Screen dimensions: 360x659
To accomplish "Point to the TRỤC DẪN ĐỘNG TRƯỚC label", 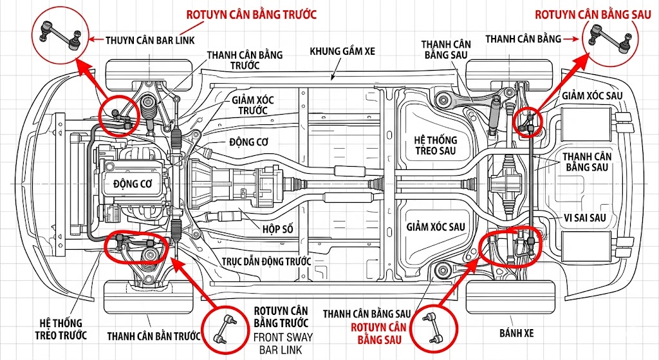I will tap(266, 261).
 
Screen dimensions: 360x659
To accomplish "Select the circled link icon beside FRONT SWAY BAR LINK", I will tap(226, 328).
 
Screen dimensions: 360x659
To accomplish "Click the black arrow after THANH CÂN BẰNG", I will tap(571, 39).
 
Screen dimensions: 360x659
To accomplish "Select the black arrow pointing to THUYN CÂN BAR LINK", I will tap(95, 40).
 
